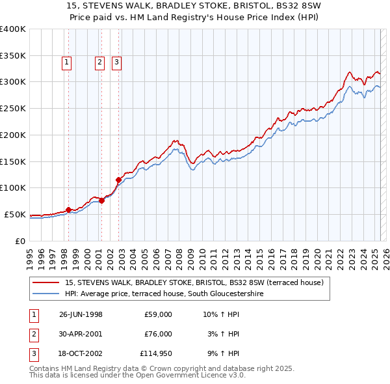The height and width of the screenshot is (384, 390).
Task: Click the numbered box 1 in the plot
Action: pyautogui.click(x=68, y=62)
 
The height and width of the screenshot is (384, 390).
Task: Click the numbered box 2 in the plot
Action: pyautogui.click(x=99, y=62)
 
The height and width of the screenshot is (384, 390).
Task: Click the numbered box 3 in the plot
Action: pyautogui.click(x=116, y=62)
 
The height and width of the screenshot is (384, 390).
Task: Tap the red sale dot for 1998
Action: pyautogui.click(x=68, y=210)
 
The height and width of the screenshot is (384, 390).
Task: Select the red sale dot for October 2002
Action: pyautogui.click(x=118, y=180)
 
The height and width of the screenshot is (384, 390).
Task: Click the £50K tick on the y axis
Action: pyautogui.click(x=15, y=214)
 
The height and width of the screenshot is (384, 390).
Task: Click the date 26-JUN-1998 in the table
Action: pyautogui.click(x=81, y=314)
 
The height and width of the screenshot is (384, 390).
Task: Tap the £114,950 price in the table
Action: pyautogui.click(x=155, y=353)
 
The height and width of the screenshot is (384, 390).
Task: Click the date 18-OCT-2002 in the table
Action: pyautogui.click(x=81, y=353)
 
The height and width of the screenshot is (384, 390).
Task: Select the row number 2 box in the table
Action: pyautogui.click(x=32, y=334)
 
